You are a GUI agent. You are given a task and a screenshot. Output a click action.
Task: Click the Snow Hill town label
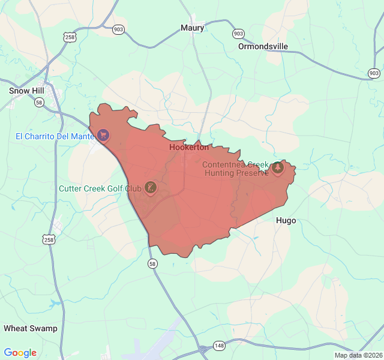pos(26,91)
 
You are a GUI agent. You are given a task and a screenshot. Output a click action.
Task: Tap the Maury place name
pos(193,28)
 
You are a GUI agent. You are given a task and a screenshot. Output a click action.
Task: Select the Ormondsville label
pos(263,46)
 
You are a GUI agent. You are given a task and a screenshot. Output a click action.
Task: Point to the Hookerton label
pos(189,147)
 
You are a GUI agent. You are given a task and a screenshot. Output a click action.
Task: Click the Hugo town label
pos(286,220)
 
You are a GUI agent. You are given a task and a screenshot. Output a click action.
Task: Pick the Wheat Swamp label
pos(31,328)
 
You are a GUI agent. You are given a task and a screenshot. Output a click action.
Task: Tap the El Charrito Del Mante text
pos(54,136)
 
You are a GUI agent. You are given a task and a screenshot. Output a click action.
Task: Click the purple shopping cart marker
pos(104,134)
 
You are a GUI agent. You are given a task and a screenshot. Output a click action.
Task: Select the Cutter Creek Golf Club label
pos(100,188)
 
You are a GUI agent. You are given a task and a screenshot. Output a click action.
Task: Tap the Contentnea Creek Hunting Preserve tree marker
pos(277,167)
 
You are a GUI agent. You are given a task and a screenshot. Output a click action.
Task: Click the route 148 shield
pos(220,346)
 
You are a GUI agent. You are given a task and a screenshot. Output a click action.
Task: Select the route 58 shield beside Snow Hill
pos(39,103)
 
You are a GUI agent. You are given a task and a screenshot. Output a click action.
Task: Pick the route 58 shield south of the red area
pos(152,263)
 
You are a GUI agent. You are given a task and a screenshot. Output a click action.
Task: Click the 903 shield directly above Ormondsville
pos(238,34)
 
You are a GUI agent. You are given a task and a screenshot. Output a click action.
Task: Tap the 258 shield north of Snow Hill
pos(70,37)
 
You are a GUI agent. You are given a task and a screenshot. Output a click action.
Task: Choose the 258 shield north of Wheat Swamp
pos(48,239)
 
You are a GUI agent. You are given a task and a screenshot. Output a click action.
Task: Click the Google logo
pos(20,353)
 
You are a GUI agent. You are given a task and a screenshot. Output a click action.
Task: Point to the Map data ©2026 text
pos(358,355)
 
